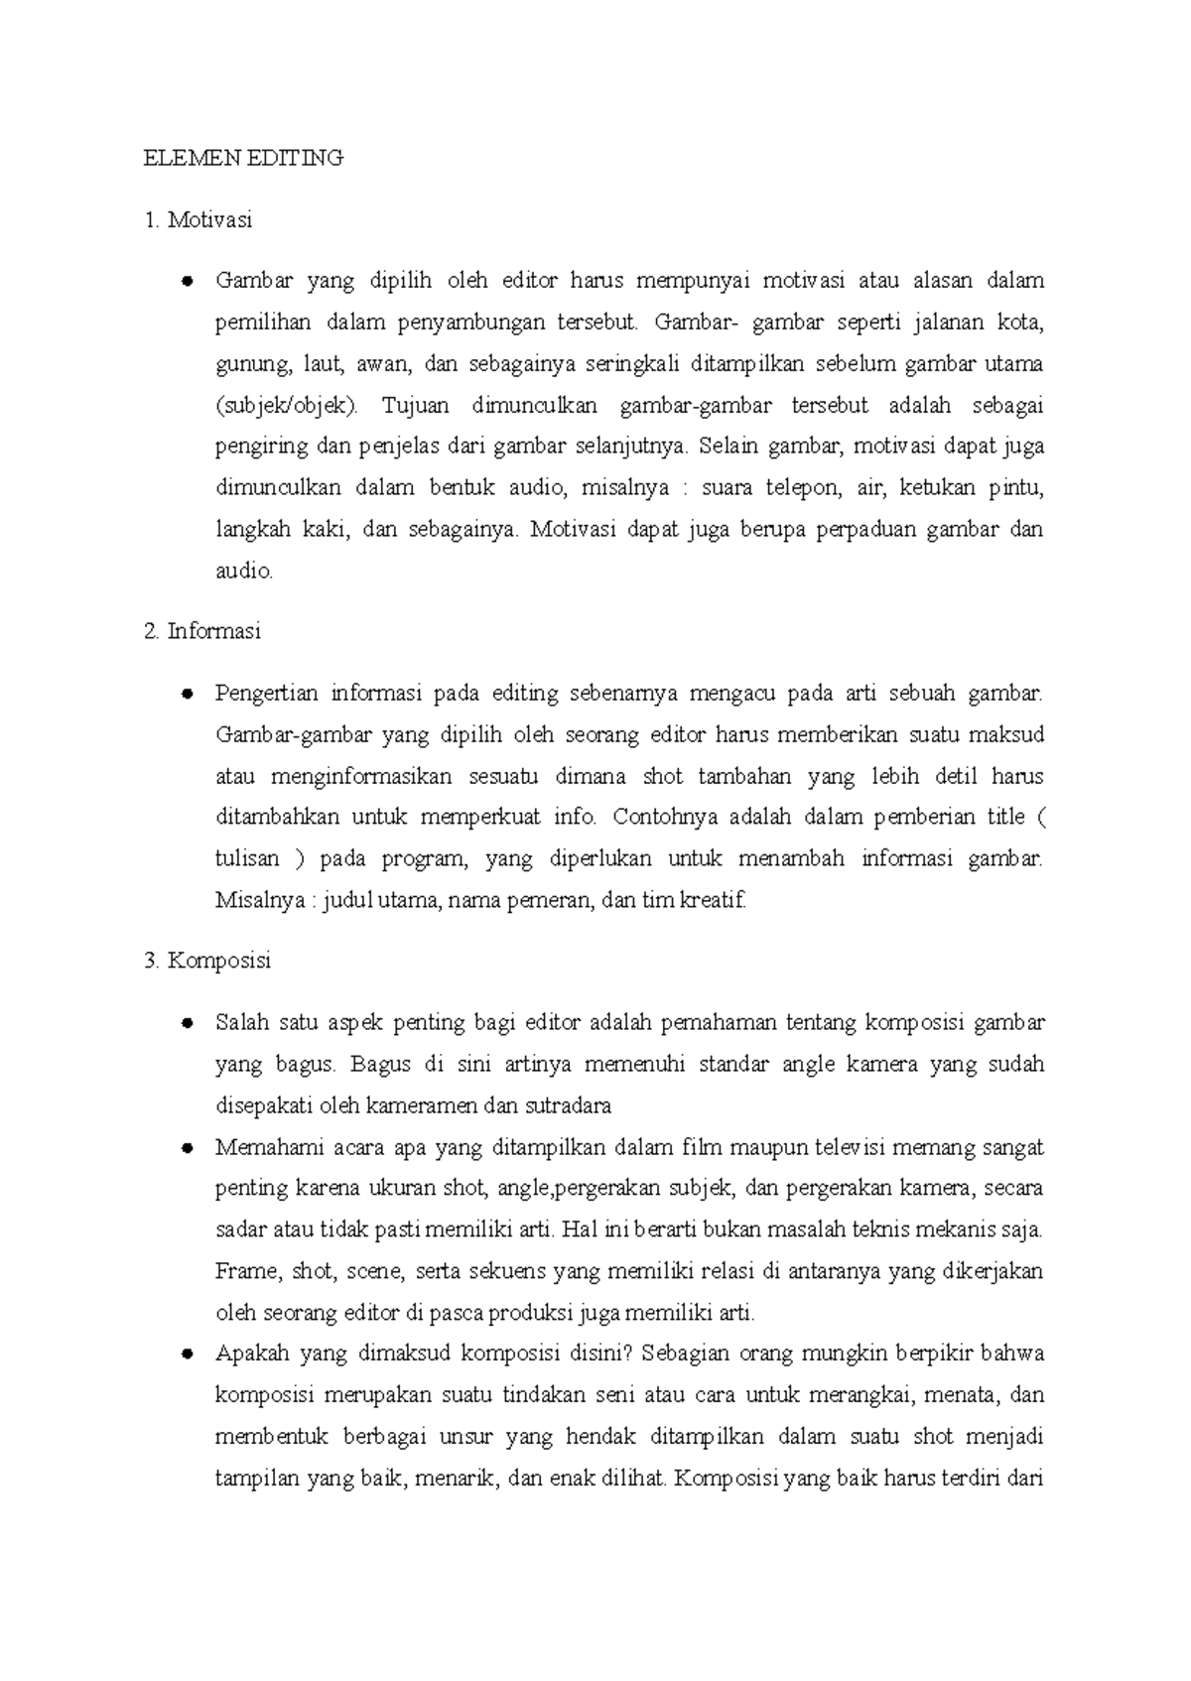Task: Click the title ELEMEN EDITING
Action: (x=243, y=158)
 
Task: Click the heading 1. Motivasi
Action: (x=198, y=219)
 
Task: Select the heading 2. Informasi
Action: (x=201, y=631)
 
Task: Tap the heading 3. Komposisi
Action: (x=206, y=961)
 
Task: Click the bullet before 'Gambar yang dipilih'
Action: (x=186, y=282)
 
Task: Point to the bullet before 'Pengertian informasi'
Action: (x=186, y=694)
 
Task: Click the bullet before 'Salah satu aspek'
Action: (x=186, y=1023)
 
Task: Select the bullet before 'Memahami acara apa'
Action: (x=186, y=1148)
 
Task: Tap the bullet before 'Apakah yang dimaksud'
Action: (x=186, y=1355)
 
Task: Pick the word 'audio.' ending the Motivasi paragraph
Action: (x=243, y=571)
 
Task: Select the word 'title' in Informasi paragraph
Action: (x=1005, y=817)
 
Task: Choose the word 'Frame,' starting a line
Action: (x=242, y=1271)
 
